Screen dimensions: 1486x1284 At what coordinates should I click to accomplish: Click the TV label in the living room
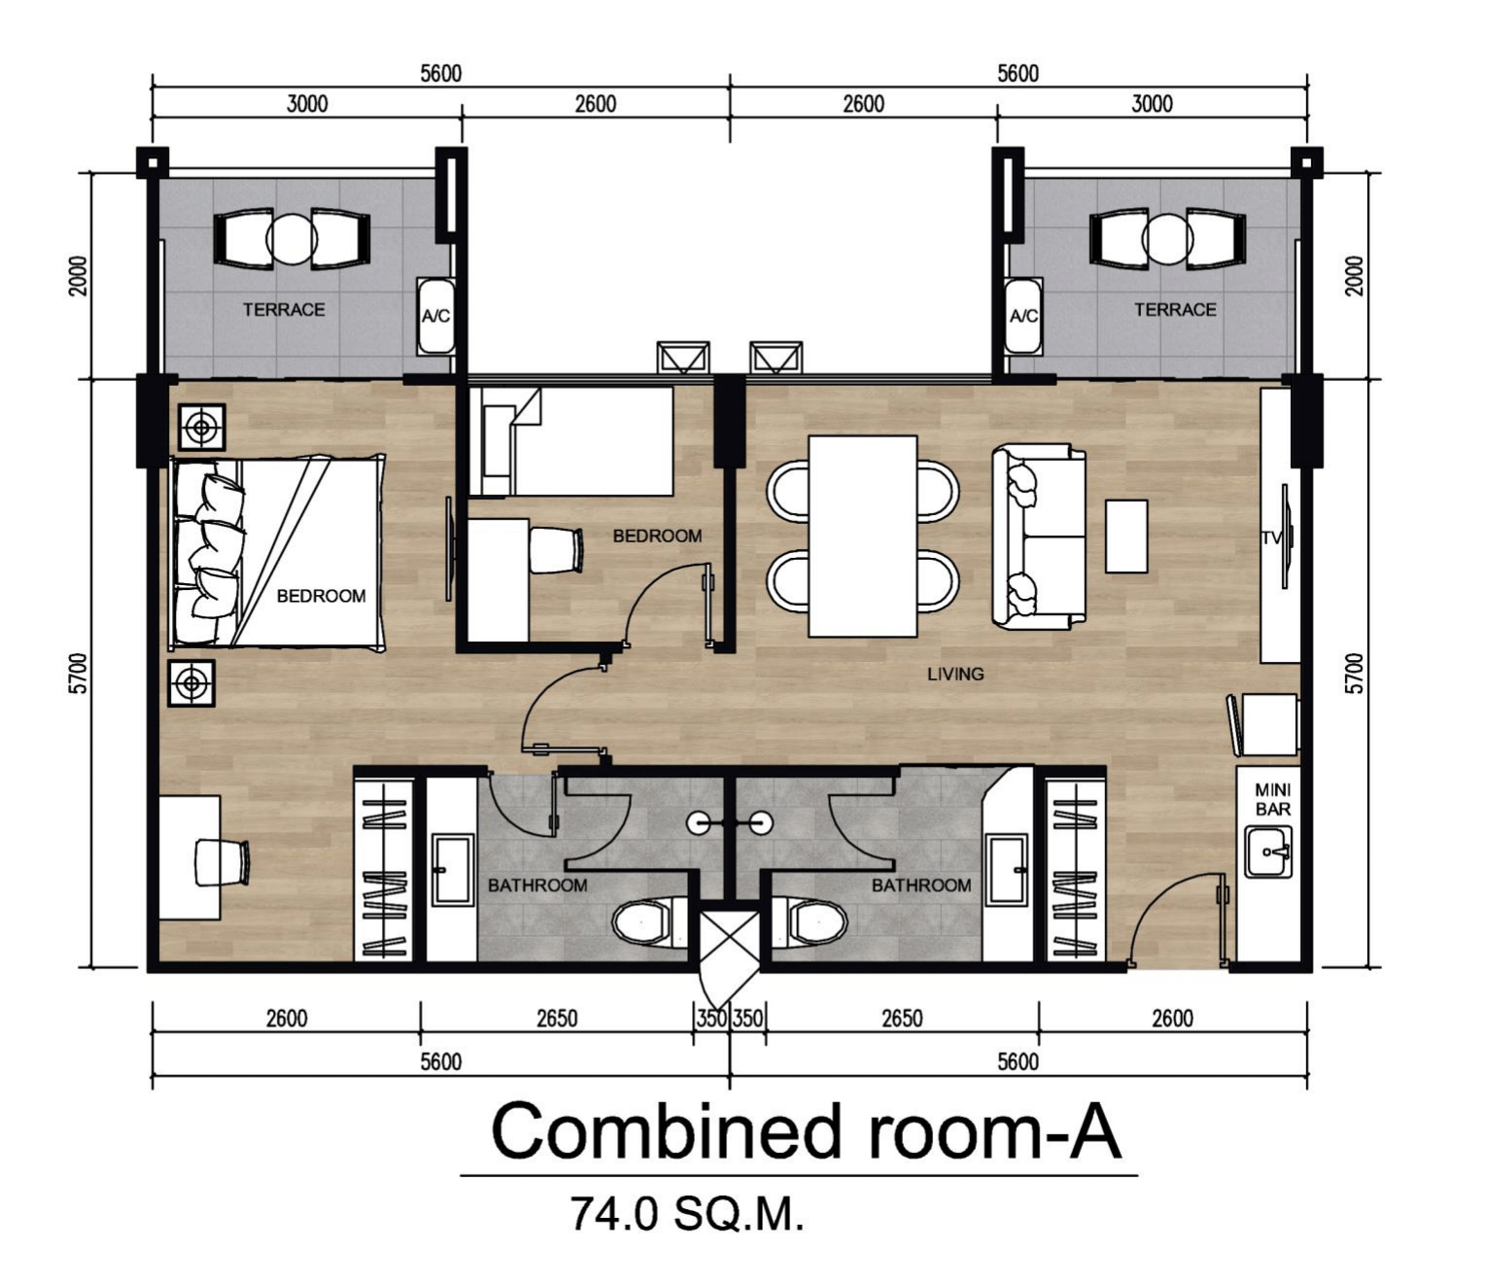pyautogui.click(x=1271, y=538)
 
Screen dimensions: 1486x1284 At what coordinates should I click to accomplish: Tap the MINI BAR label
pyautogui.click(x=1272, y=799)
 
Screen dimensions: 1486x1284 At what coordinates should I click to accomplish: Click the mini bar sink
pyautogui.click(x=1269, y=851)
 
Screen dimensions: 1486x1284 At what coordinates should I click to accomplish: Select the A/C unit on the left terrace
pyautogui.click(x=435, y=316)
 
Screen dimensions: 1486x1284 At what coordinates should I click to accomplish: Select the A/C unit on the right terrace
pyautogui.click(x=1023, y=316)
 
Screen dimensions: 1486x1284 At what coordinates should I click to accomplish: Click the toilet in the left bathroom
pyautogui.click(x=642, y=921)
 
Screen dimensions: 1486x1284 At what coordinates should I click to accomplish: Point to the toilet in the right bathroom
pyautogui.click(x=817, y=921)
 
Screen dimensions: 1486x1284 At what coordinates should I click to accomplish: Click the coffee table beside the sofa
pyautogui.click(x=1125, y=537)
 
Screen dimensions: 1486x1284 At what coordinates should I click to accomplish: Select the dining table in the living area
pyautogui.click(x=863, y=537)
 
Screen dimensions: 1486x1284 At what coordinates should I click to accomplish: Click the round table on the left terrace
pyautogui.click(x=292, y=239)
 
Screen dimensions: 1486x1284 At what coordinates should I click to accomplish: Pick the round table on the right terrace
pyautogui.click(x=1167, y=239)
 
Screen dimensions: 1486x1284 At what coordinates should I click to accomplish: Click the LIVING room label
pyautogui.click(x=954, y=675)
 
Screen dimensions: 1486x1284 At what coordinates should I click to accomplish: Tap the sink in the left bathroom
pyautogui.click(x=452, y=868)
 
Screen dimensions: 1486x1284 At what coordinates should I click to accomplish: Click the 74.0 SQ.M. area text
pyautogui.click(x=687, y=1214)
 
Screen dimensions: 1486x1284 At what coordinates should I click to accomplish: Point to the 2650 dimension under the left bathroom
pyautogui.click(x=557, y=1019)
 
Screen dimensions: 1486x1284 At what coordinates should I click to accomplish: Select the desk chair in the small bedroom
pyautogui.click(x=556, y=550)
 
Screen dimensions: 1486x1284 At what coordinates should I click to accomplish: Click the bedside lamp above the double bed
pyautogui.click(x=201, y=427)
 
